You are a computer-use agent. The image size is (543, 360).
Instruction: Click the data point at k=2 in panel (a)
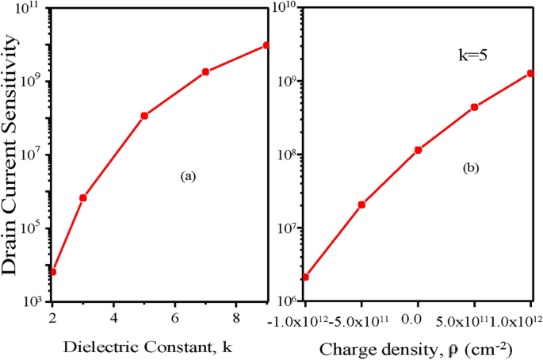52,272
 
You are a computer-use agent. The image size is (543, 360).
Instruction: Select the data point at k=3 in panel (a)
83,197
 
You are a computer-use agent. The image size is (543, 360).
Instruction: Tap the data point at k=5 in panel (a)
144,116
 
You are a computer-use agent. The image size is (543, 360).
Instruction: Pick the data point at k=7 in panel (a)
205,72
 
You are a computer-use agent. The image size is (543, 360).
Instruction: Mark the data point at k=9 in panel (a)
266,45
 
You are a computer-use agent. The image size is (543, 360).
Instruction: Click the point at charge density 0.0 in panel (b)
418,150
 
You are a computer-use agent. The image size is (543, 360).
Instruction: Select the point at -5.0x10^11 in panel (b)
361,205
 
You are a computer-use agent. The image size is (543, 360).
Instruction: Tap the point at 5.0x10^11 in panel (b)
474,107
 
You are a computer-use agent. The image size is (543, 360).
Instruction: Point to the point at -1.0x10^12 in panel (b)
305,277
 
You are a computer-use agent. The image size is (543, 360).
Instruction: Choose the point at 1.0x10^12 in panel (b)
530,74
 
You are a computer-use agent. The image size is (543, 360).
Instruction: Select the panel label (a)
188,178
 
